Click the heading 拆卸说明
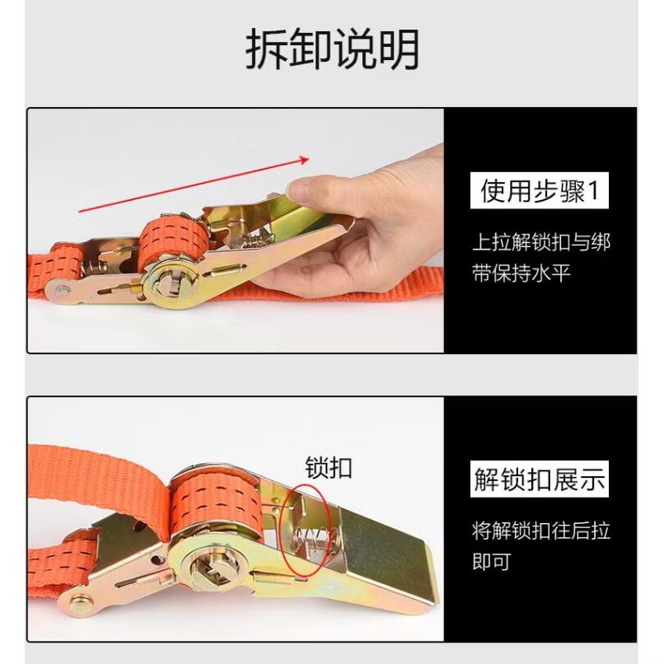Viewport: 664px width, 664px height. point(332,49)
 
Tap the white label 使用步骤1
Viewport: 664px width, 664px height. point(539,190)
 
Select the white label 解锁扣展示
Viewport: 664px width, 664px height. point(539,479)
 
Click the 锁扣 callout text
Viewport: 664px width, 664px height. point(329,467)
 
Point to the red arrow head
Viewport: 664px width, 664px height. point(304,160)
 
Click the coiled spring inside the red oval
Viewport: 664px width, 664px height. point(311,539)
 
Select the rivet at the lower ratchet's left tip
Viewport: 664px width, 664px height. point(80,601)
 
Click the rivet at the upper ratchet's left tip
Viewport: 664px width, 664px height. point(63,291)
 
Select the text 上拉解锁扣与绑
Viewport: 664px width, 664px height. point(540,243)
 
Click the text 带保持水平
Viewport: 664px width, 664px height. point(521,274)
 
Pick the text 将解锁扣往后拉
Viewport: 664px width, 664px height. point(540,531)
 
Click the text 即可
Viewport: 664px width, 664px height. point(491,562)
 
